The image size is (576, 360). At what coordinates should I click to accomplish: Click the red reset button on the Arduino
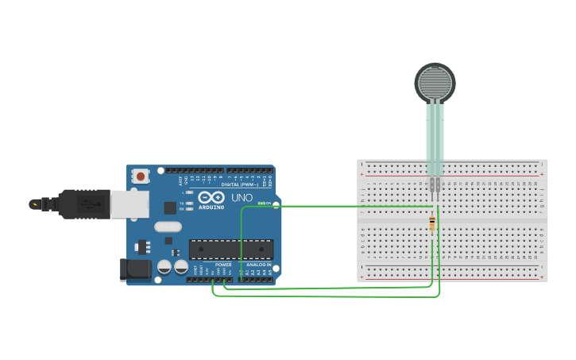pos(141,176)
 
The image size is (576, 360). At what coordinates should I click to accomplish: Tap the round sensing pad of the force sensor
pos(435,82)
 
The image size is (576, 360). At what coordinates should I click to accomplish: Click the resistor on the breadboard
pos(432,224)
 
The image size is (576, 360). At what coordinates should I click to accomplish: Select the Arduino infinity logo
pos(211,197)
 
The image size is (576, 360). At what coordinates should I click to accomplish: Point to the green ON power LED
pos(261,203)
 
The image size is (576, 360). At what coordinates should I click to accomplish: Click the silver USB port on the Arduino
pos(129,204)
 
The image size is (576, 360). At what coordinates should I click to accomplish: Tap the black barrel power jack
pos(134,269)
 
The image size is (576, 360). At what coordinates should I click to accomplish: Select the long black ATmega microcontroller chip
pos(231,249)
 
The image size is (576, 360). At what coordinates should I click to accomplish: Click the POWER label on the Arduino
pos(223,265)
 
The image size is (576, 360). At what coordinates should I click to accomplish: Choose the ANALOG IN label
pos(258,265)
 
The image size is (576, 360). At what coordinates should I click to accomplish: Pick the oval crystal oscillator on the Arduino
pos(168,226)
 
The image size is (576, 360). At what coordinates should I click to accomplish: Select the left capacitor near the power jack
pos(164,267)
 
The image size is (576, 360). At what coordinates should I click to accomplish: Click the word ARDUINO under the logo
pos(211,207)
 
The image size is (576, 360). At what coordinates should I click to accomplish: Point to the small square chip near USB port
pos(170,207)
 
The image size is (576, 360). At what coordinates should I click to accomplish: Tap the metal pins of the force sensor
pos(435,187)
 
